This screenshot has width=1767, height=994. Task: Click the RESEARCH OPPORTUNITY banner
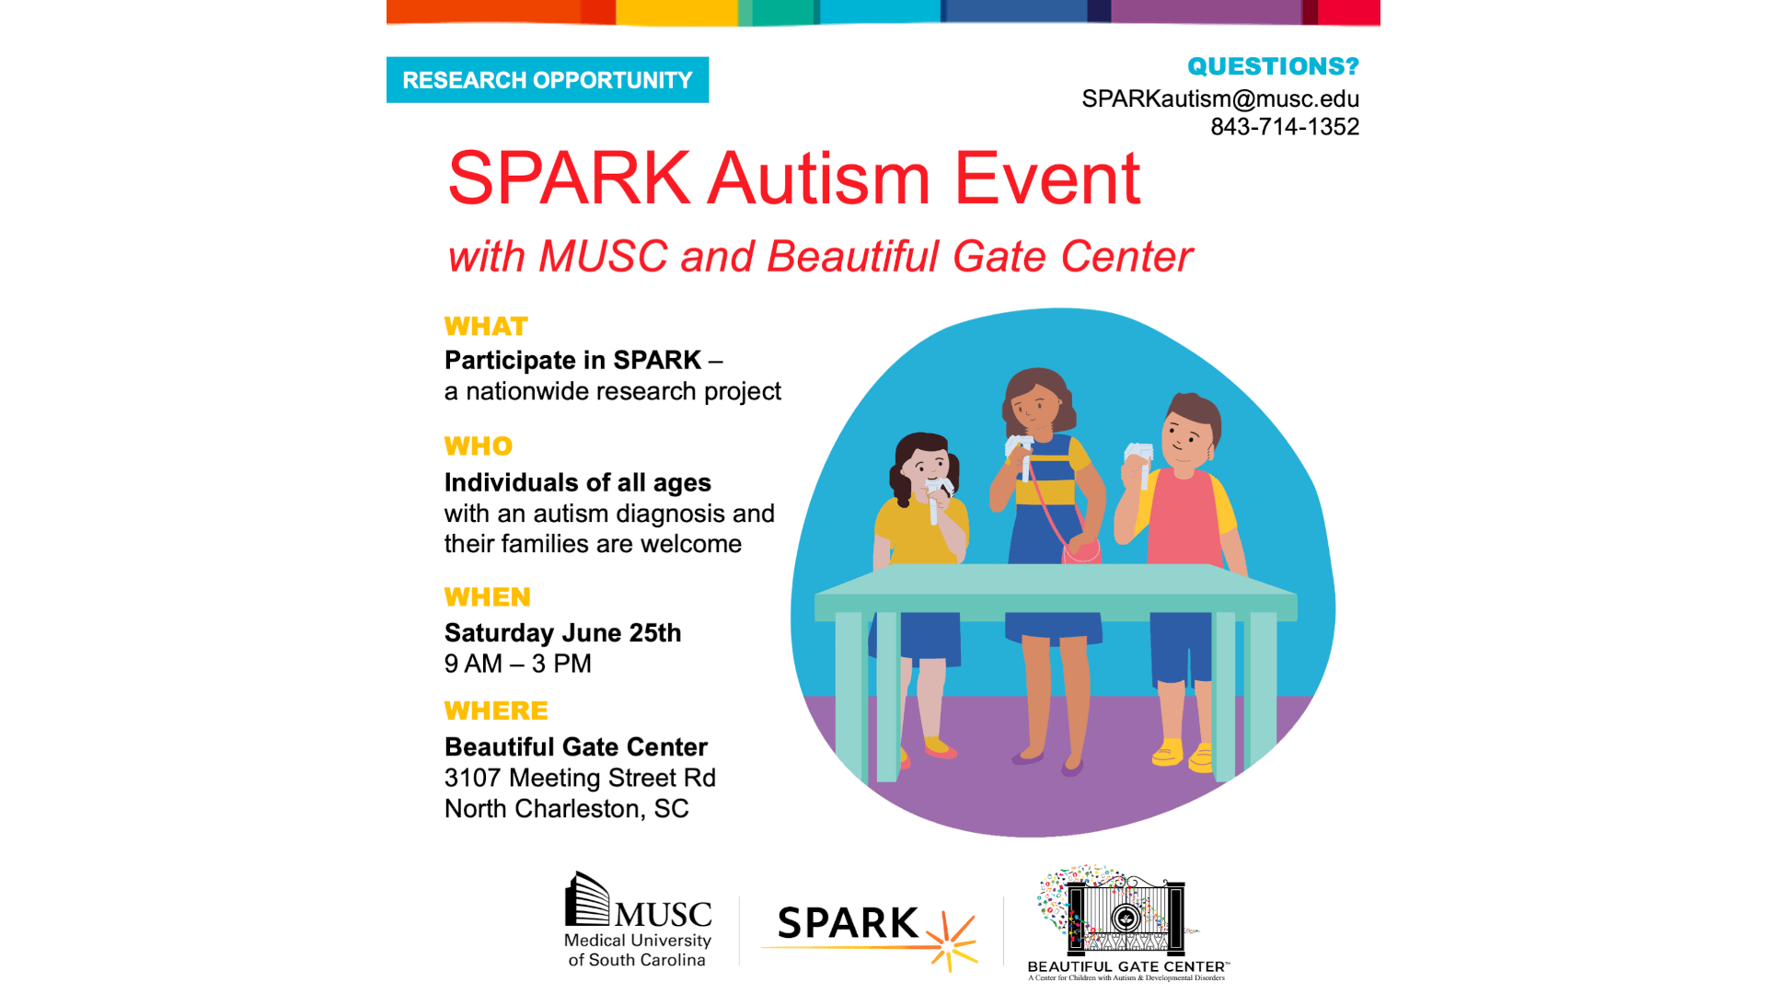548,80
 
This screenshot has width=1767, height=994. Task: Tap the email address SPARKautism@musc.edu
1220,98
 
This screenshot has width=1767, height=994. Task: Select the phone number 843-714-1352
1285,127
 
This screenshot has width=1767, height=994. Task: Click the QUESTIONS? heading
1273,66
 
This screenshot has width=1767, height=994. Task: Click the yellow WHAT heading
486,327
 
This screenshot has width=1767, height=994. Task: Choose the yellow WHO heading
479,446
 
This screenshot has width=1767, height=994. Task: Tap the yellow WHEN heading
488,597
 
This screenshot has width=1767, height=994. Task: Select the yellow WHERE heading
496,711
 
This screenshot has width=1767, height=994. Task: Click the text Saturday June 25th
563,633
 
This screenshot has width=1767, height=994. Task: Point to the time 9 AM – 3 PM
518,664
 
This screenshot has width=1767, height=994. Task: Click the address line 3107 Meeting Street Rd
580,778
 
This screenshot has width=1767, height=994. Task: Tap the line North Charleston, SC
567,809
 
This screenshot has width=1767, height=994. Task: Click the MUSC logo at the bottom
638,919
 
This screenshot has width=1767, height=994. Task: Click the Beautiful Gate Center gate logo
1127,922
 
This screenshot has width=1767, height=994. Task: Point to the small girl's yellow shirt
920,530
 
